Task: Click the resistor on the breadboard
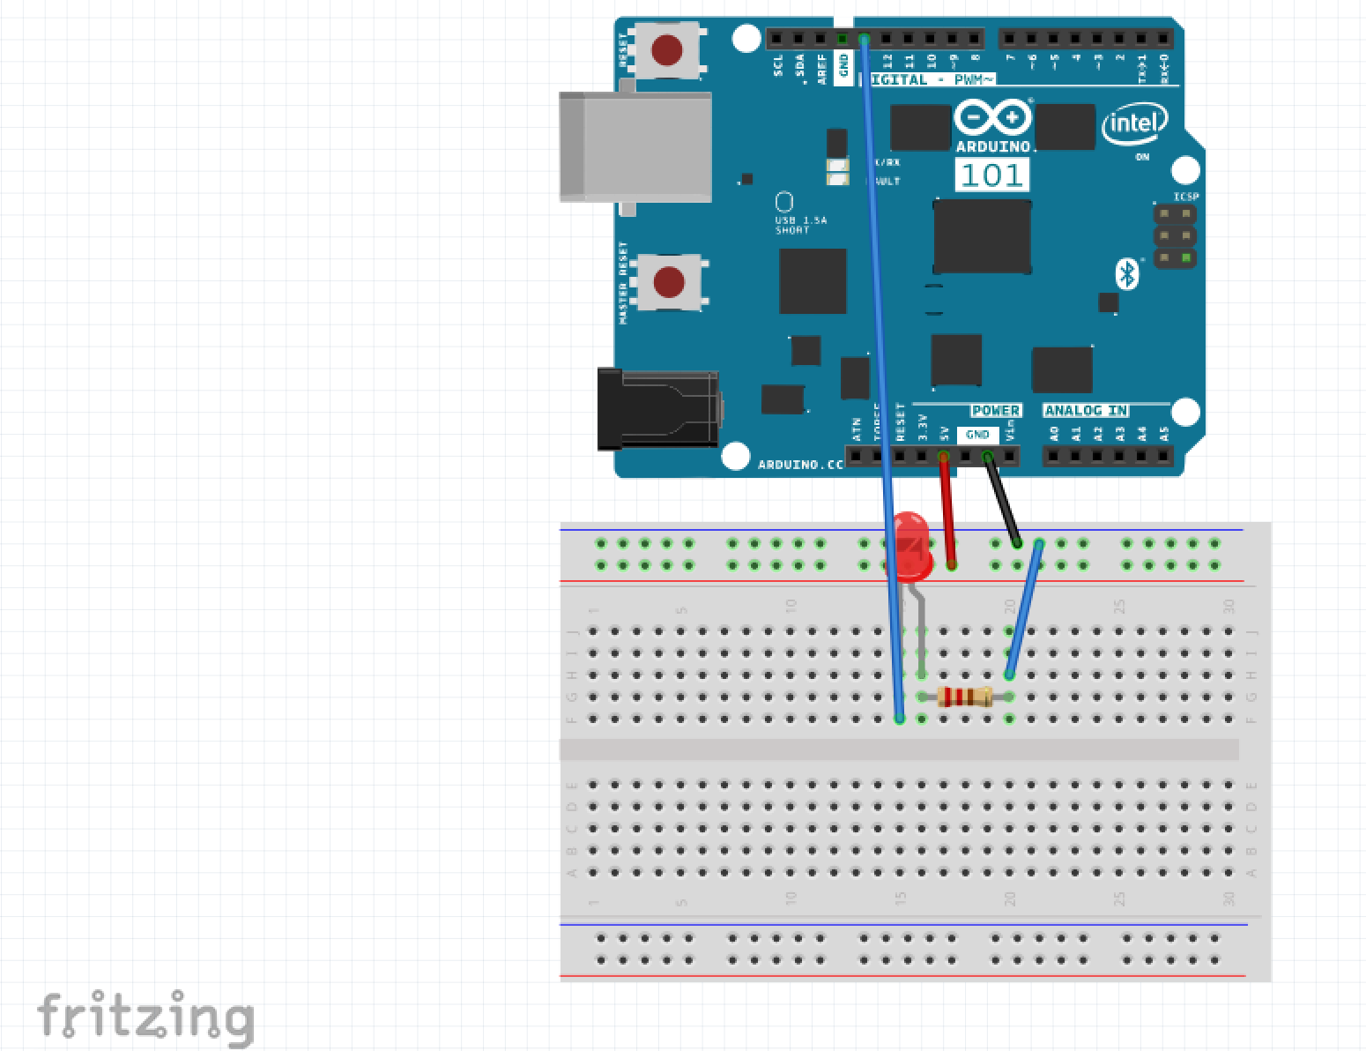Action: point(965,697)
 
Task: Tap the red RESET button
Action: point(667,49)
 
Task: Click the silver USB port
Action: point(635,146)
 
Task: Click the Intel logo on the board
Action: point(1135,124)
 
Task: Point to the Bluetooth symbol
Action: point(1125,273)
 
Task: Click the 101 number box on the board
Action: point(991,175)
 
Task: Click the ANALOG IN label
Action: point(1086,411)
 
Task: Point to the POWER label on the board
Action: point(995,411)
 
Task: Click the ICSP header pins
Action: point(1176,236)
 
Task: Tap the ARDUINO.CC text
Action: point(800,464)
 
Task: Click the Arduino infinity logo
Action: point(992,118)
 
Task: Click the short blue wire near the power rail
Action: point(1024,608)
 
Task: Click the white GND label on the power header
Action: point(977,435)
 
